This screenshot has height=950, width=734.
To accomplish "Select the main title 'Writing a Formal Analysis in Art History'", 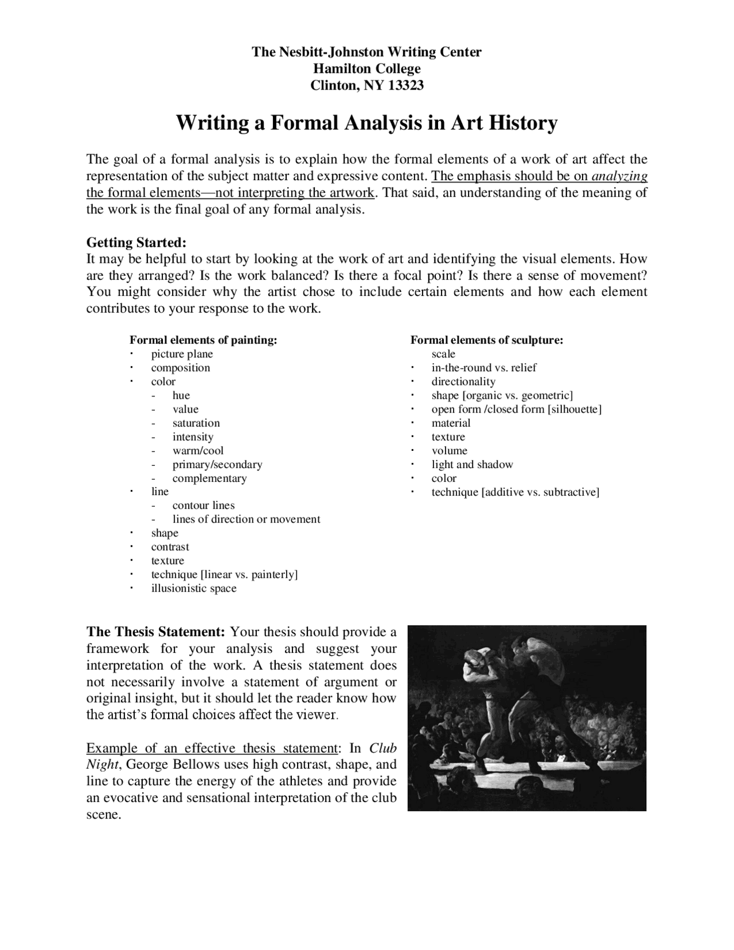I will pos(366,123).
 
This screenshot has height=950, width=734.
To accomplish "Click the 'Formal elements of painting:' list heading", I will pos(203,340).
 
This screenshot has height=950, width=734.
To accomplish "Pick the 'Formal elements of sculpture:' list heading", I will pos(487,340).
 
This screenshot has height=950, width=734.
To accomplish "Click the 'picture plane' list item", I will pos(182,354).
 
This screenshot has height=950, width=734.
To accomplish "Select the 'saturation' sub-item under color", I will pos(196,423).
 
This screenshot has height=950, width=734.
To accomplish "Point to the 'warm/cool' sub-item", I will pos(198,450).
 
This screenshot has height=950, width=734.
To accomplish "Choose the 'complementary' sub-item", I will pos(209,478).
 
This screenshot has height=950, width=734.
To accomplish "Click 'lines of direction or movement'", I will pos(246,519).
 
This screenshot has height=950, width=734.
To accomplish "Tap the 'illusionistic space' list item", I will pos(194,588).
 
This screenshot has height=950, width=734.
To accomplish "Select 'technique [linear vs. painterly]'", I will pos(224,574).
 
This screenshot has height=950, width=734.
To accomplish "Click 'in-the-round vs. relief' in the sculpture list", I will pos(484,368).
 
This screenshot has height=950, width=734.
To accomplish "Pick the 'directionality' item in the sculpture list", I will pos(463,381).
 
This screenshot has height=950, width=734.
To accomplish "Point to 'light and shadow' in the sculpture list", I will pos(472,464).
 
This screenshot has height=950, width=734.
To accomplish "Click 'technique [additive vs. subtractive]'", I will pos(515,492).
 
